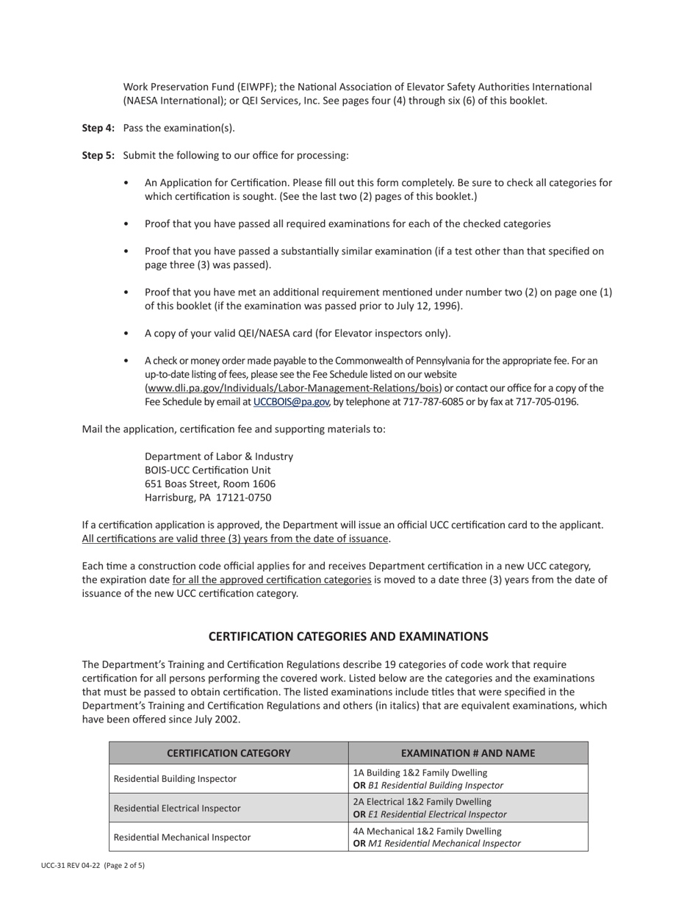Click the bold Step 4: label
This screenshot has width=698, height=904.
pos(98,128)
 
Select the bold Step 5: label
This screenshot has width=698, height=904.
pos(98,155)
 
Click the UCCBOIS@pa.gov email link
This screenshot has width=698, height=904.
pos(291,402)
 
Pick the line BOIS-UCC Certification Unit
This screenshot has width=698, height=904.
pos(207,470)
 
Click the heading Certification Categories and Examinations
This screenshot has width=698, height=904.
pos(348,636)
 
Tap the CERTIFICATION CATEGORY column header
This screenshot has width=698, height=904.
pos(229,753)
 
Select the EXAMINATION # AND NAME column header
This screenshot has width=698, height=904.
pos(468,753)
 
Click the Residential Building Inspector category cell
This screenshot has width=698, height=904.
pos(175,778)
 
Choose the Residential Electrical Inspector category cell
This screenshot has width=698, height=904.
pos(176,808)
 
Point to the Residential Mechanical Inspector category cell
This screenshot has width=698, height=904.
pos(181,836)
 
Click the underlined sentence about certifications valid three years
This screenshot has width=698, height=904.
pos(235,539)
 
